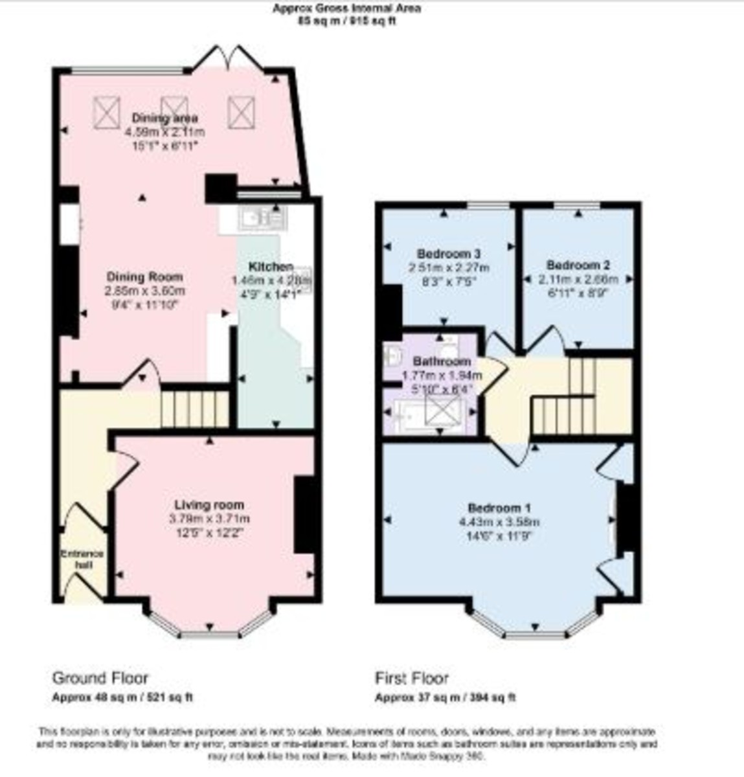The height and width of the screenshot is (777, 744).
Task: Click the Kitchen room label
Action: click(x=271, y=266)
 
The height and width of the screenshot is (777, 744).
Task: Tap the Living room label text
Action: click(x=209, y=505)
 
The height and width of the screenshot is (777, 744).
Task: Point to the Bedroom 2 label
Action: click(x=578, y=265)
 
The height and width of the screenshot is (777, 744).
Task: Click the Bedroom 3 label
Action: click(x=449, y=253)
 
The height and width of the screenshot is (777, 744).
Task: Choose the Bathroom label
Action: click(x=442, y=361)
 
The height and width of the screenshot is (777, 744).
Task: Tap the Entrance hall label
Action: click(x=82, y=559)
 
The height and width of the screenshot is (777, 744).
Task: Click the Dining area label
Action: click(x=165, y=118)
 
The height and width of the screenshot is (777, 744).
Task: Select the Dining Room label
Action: click(x=145, y=277)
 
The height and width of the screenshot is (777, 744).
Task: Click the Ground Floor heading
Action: click(x=100, y=678)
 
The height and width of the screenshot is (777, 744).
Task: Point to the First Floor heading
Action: click(x=412, y=678)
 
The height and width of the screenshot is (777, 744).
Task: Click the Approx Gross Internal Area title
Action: click(x=346, y=8)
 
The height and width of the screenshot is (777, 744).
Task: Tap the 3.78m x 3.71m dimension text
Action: click(x=209, y=519)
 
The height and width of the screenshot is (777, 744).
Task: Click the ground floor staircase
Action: click(x=194, y=408)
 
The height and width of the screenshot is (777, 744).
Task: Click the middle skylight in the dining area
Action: click(x=174, y=111)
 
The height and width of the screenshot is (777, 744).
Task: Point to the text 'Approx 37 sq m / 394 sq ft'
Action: click(x=445, y=698)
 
